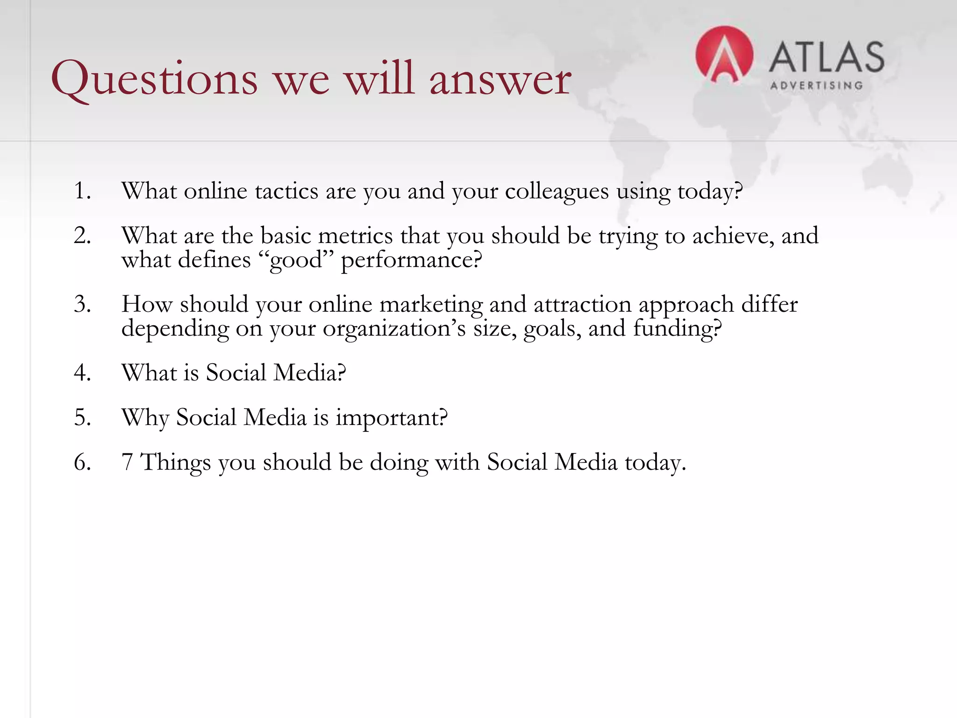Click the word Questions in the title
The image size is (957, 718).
point(154,79)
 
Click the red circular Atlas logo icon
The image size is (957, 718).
point(724,55)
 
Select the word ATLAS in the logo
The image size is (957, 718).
point(826,57)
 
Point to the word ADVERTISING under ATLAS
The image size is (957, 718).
point(816,86)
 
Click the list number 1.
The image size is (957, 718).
point(82,191)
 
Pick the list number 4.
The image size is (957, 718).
point(82,373)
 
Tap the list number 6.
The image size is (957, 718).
point(82,462)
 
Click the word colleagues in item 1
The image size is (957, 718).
point(557,191)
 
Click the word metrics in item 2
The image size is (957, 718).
point(355,236)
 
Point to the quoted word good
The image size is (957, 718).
point(296,260)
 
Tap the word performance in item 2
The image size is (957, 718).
point(410,260)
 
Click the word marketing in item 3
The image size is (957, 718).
point(430,305)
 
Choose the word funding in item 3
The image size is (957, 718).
point(677,328)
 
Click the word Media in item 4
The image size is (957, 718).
point(309,373)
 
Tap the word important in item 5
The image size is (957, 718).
point(391,418)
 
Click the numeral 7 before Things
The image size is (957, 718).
point(127,462)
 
